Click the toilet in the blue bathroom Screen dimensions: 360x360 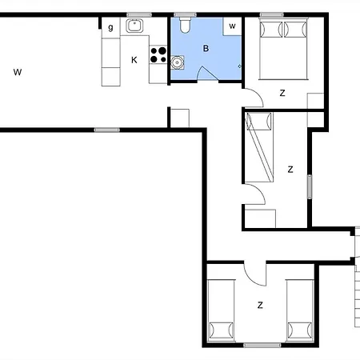pos(185,25)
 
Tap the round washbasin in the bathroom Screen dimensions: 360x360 pos(177,62)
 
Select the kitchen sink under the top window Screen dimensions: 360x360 pos(134,26)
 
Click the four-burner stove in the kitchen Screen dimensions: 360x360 pos(158,54)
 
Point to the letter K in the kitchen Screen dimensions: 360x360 pos(134,60)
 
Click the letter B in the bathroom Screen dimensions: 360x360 pos(206,49)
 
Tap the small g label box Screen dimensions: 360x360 pos(110,27)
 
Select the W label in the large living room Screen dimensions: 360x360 pos(18,72)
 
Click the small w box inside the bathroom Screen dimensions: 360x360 pos(232,26)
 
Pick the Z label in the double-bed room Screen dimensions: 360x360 pos(282,93)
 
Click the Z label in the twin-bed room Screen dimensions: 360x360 pos(260,305)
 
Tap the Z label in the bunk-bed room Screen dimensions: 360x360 pos(290,170)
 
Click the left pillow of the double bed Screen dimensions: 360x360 pos(271,29)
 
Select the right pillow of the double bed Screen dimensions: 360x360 pos(295,29)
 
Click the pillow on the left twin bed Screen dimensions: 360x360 pos(221,330)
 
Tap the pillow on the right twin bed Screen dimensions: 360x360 pos(300,330)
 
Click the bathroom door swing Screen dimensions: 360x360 pos(207,73)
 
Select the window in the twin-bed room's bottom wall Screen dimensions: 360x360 pos(262,346)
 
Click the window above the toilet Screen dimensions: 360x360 pos(185,14)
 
